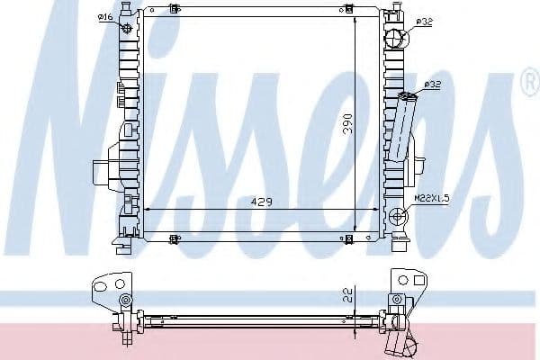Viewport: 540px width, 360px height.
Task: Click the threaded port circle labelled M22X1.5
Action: (x=399, y=215)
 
